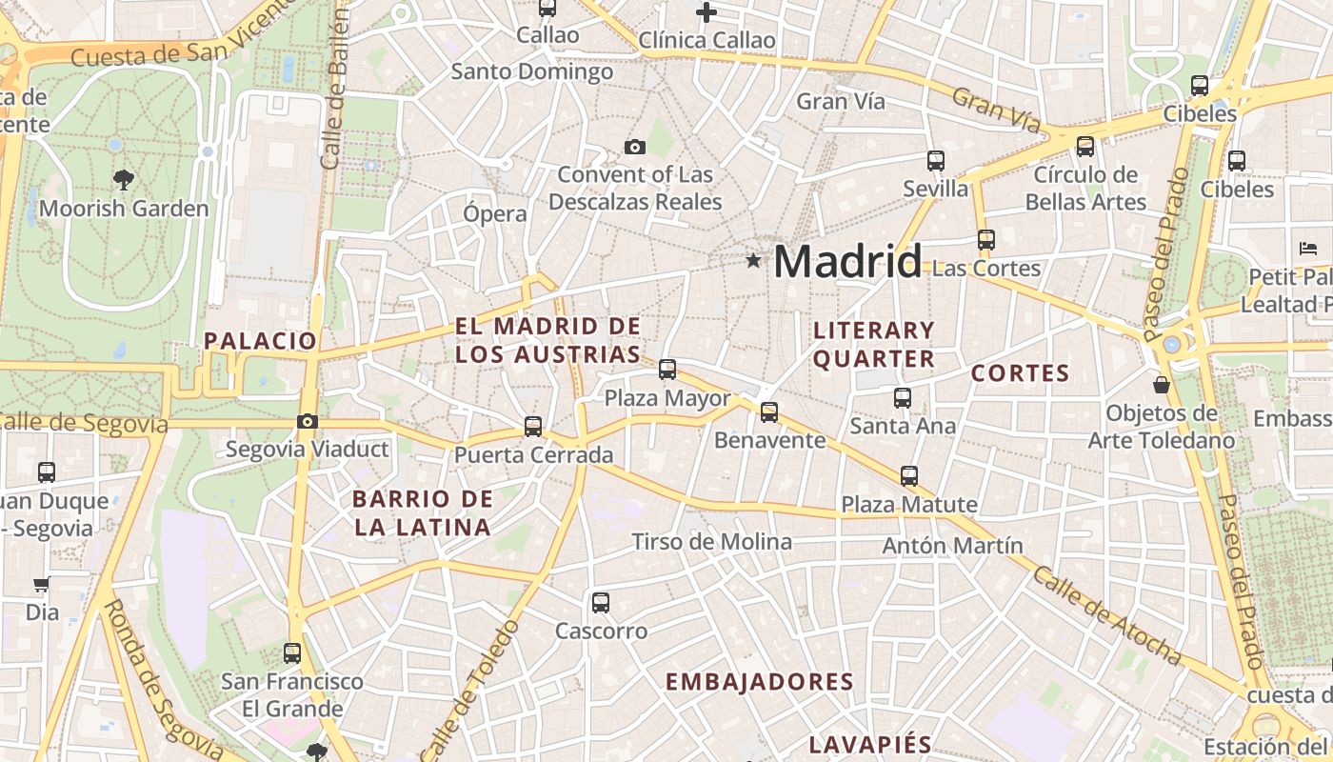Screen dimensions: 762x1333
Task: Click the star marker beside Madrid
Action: click(x=753, y=260)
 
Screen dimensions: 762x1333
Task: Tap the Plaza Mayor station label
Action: click(x=667, y=398)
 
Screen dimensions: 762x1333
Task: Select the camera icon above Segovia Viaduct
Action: click(x=307, y=421)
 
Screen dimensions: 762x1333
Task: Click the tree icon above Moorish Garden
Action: click(x=123, y=179)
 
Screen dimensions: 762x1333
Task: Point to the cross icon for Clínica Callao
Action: click(x=706, y=12)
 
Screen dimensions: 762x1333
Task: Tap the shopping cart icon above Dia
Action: click(x=41, y=584)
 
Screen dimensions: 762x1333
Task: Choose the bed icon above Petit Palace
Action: click(x=1308, y=249)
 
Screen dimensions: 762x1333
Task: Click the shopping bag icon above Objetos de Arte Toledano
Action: click(x=1162, y=385)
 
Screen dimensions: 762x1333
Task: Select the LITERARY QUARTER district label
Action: click(x=874, y=345)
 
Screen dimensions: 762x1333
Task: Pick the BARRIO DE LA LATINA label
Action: click(x=422, y=512)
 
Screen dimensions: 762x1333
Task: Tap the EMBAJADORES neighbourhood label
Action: click(x=759, y=682)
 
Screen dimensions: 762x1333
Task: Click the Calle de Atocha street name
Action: click(x=1106, y=615)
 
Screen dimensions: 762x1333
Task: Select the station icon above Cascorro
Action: click(x=600, y=602)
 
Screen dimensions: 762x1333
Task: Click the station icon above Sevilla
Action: click(x=935, y=160)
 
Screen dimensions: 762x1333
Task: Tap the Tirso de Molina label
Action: click(x=711, y=542)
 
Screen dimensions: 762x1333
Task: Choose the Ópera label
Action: click(x=494, y=213)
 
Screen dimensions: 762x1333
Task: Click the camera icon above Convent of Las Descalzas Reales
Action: click(x=634, y=147)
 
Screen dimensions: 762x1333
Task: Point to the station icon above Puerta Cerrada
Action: click(x=533, y=426)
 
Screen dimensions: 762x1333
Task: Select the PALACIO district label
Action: click(x=260, y=340)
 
